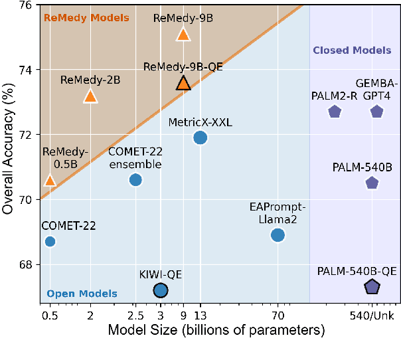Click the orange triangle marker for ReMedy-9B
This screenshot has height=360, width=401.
coord(183,35)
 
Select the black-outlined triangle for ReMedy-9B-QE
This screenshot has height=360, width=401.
coord(183,83)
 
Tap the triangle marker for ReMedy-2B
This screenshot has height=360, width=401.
coord(90,97)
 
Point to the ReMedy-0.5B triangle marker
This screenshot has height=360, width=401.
coord(49,180)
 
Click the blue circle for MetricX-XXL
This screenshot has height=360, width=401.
coord(200,137)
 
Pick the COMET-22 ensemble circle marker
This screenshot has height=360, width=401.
coord(135,180)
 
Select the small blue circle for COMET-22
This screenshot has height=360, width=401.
coord(49,241)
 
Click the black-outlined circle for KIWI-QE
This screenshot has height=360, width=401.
coord(160,290)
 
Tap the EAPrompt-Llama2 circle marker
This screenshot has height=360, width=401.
coord(278,234)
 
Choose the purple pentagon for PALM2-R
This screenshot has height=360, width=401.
coord(334,112)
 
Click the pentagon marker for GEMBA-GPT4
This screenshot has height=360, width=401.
coord(376,112)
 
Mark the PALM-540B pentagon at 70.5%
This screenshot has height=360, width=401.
coord(372,183)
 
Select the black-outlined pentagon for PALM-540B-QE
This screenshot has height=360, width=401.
coord(372,287)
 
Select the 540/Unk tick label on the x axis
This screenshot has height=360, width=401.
coord(372,315)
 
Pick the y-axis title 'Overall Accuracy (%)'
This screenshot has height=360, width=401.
coord(9,153)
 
